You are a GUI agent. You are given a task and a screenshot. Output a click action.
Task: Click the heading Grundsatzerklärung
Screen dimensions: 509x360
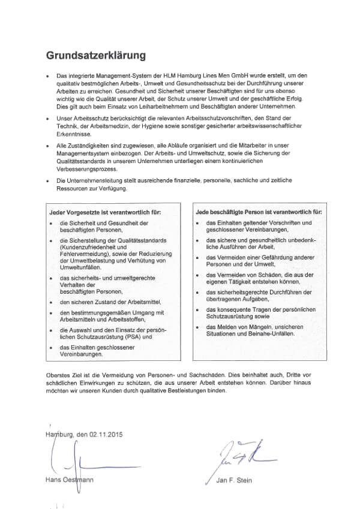97,56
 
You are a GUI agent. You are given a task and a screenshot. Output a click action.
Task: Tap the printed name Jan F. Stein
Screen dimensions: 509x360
232,480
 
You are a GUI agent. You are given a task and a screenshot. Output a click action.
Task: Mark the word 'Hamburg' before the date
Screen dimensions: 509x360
56,434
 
